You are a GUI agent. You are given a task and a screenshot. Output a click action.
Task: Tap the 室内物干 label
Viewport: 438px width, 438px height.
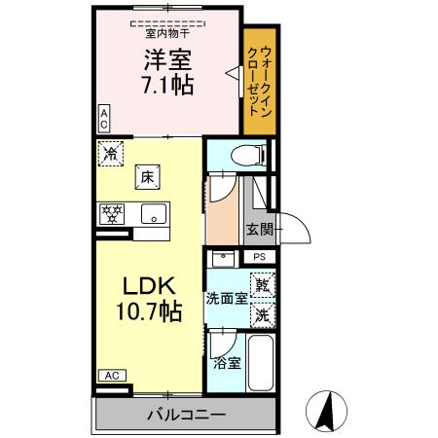pyautogui.click(x=167, y=31)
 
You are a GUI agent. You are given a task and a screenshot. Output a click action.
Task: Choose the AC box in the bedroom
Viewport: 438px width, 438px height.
pyautogui.click(x=103, y=119)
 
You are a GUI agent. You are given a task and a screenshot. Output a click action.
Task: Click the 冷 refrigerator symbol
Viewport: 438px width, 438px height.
pyautogui.click(x=111, y=152)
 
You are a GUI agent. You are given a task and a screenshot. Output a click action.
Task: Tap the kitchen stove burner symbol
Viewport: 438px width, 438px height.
pyautogui.click(x=112, y=213)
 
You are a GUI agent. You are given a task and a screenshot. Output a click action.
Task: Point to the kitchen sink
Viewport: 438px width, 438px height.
pyautogui.click(x=153, y=213)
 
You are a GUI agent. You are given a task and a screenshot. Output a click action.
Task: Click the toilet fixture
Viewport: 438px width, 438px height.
pyautogui.click(x=247, y=154)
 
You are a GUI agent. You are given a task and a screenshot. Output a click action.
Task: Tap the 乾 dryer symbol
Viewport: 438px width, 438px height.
pyautogui.click(x=262, y=286)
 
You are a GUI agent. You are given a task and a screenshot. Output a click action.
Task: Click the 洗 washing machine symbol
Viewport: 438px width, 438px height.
pyautogui.click(x=262, y=314)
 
